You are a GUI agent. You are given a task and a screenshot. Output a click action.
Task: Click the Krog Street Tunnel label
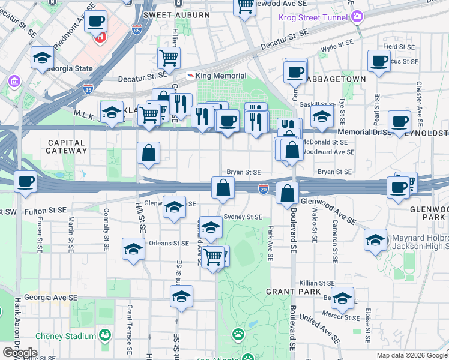coord(313,17)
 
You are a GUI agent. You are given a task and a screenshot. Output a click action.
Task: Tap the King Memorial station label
coord(221,76)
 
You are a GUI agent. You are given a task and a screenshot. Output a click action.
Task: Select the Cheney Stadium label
coord(65,336)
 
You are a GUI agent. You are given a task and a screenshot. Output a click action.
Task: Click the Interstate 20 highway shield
coord(264,189)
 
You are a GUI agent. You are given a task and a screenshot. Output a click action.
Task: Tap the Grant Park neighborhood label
coord(288,291)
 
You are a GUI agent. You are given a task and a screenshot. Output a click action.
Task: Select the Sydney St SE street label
coord(243,217)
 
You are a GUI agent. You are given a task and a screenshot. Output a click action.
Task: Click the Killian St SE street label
coord(318,283)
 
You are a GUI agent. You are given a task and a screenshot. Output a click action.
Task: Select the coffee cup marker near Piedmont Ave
coord(95,22)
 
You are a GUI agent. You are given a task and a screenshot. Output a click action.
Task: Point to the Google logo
coord(20,353)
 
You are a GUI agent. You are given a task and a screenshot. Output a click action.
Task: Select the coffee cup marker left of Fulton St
coord(25,182)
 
